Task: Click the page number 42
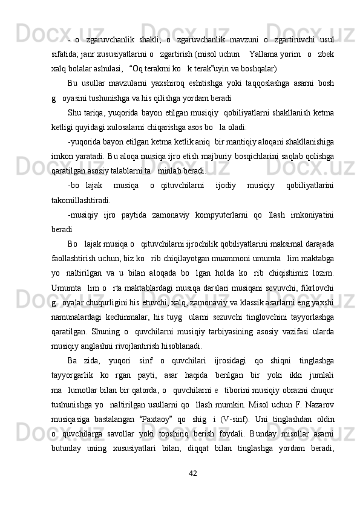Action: click(194, 472)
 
